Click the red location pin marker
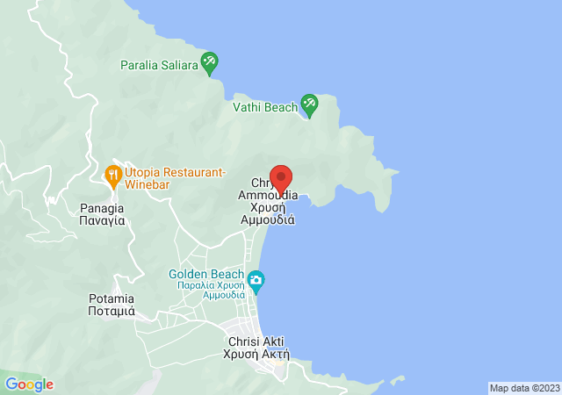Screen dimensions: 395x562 pyautogui.click(x=280, y=178)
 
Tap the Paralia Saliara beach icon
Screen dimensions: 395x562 pyautogui.click(x=209, y=62)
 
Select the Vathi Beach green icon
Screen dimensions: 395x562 pyautogui.click(x=309, y=104)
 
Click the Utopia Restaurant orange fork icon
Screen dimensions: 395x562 pyautogui.click(x=113, y=174)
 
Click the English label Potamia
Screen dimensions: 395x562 pyautogui.click(x=112, y=298)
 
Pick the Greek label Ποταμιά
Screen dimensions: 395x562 pyautogui.click(x=112, y=311)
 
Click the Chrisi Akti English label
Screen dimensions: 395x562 pyautogui.click(x=256, y=341)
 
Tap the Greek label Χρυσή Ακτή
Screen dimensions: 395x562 pyautogui.click(x=258, y=354)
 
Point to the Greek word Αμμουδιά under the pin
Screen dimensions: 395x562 pyautogui.click(x=268, y=220)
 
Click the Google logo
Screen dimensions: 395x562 pyautogui.click(x=30, y=384)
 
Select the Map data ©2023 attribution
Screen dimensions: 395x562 pyautogui.click(x=523, y=388)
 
